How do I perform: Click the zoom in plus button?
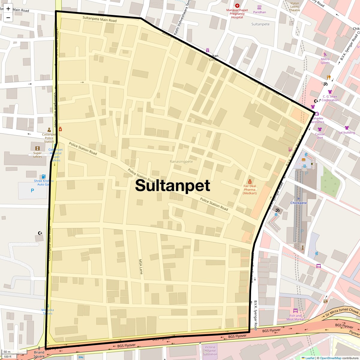[x=8, y=8]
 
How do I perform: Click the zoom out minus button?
[x=8, y=17]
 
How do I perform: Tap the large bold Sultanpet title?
[x=172, y=185]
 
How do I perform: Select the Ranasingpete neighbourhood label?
[x=181, y=161]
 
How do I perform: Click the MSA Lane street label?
[x=141, y=267]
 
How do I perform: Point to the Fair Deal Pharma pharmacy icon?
[x=250, y=181]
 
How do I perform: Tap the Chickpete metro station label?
[x=298, y=203]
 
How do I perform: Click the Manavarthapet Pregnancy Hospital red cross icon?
[x=237, y=6]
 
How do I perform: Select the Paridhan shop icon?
[x=259, y=7]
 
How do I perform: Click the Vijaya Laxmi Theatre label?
[x=294, y=7]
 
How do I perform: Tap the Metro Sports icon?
[x=325, y=54]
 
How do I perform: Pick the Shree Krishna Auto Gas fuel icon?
[x=44, y=176]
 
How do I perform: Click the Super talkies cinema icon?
[x=37, y=148]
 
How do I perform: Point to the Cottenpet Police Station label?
[x=49, y=138]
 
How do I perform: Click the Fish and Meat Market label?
[x=295, y=317]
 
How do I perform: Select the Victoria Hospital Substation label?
[x=210, y=350]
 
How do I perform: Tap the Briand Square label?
[x=39, y=354]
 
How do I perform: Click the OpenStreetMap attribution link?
[x=330, y=358]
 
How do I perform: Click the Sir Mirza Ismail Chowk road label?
[x=342, y=313]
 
